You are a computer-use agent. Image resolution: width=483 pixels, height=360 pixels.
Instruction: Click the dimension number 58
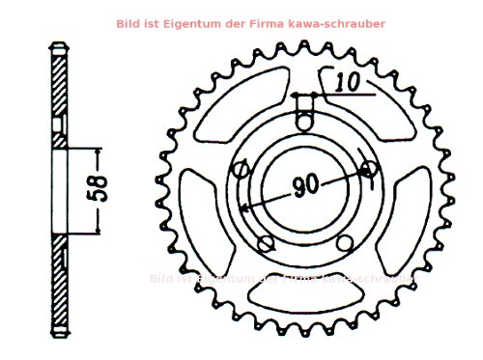point(104,189)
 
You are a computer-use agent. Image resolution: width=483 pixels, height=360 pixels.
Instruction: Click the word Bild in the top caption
point(126,21)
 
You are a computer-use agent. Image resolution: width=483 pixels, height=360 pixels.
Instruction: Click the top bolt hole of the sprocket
point(305,121)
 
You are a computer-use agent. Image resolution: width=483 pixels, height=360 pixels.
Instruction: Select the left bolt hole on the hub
point(241,170)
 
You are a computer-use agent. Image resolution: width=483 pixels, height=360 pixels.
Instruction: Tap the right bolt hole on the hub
point(368,170)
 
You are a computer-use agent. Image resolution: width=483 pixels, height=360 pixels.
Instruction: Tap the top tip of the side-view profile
point(60,44)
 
